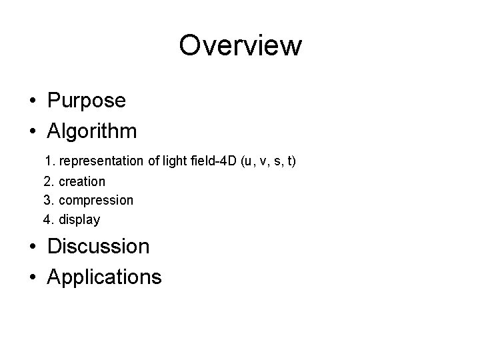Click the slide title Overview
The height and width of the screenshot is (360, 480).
(x=240, y=46)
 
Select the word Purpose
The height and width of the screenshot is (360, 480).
(x=86, y=101)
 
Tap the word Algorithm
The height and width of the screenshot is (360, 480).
(x=92, y=131)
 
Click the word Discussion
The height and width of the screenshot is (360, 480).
(x=98, y=246)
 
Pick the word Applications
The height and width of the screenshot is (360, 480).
(x=104, y=276)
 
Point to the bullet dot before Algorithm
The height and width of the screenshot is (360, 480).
(x=33, y=131)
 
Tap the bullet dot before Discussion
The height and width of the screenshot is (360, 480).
(x=33, y=247)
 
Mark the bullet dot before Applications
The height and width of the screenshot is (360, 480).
(x=33, y=277)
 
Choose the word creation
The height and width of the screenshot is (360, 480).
(x=82, y=181)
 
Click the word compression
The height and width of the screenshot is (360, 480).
(x=96, y=200)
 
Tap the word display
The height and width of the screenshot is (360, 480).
(x=79, y=219)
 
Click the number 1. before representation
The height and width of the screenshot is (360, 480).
(x=49, y=161)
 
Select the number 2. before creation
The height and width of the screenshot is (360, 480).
(x=49, y=181)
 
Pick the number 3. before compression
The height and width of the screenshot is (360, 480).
(x=49, y=200)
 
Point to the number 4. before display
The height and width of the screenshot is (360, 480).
(x=49, y=219)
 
